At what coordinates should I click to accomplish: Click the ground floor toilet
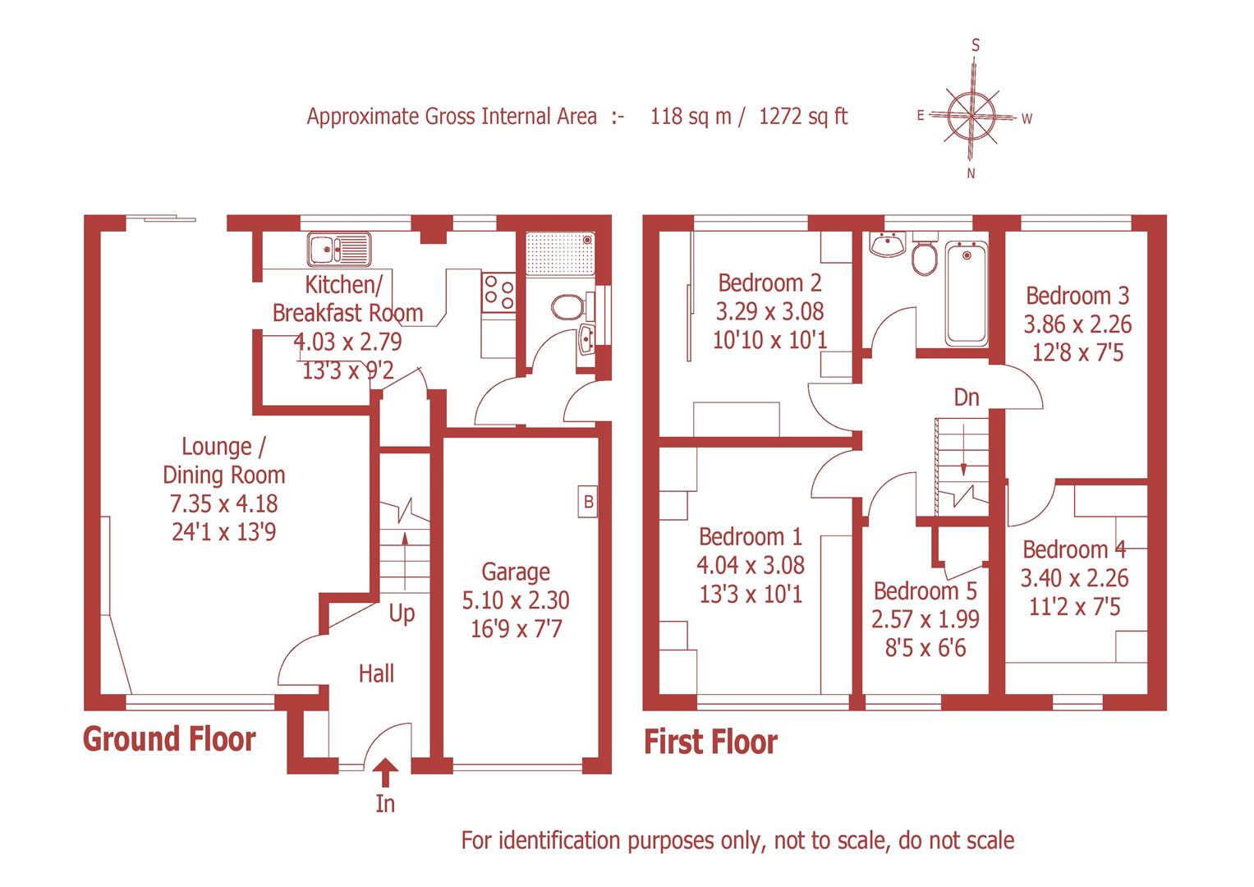567,308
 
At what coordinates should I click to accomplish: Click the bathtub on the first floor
967,292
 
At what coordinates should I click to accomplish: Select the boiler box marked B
588,501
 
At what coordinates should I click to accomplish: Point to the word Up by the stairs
402,614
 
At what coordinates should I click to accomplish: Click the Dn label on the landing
967,398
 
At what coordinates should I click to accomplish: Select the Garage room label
516,572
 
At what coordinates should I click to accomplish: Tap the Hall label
376,674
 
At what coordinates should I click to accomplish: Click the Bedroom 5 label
926,591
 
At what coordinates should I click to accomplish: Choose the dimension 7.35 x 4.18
223,503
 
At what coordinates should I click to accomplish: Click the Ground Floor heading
169,739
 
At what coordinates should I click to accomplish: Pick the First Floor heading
710,742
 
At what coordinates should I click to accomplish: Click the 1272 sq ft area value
803,117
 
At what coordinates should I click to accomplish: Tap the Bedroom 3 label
1077,295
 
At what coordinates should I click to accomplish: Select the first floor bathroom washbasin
884,245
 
